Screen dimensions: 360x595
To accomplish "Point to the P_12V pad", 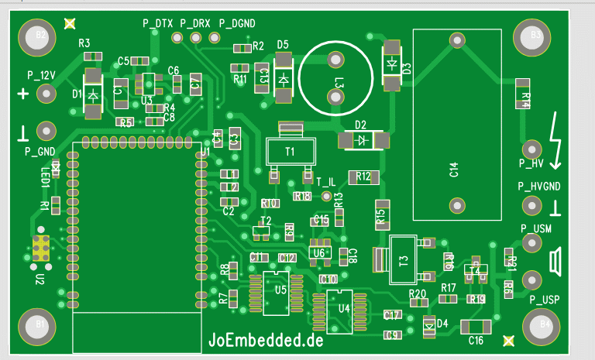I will [x=47, y=94].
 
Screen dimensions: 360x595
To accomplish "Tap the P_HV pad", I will [x=532, y=149].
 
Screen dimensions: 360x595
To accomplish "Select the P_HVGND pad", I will [x=532, y=205].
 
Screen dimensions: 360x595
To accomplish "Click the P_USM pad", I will [x=532, y=242].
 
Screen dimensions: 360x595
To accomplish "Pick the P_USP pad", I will [x=532, y=279].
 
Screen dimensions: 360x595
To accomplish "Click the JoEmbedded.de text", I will [x=266, y=338].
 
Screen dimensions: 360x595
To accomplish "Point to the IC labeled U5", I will [x=280, y=290].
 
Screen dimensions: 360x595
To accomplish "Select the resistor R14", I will [x=524, y=94].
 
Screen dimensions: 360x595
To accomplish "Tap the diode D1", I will [x=92, y=94].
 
